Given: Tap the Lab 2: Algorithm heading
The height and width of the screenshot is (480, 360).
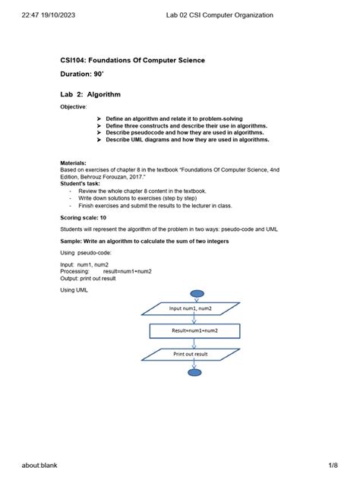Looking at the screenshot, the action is (x=90, y=95).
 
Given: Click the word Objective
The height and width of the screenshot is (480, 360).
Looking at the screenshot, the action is (x=73, y=107).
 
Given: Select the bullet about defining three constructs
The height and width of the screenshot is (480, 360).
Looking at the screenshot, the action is (x=187, y=126).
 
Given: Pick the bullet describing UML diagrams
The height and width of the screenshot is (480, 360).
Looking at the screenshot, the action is (x=187, y=140).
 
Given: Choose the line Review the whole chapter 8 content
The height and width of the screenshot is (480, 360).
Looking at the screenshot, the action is (x=142, y=191).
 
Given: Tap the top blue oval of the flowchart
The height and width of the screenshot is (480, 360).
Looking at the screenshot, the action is (x=196, y=294).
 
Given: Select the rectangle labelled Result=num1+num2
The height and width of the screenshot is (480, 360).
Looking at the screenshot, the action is (x=195, y=331).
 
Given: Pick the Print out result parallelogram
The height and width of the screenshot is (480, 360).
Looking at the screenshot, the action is (x=191, y=354).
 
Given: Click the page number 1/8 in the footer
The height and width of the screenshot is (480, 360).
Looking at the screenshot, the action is (x=333, y=465).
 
